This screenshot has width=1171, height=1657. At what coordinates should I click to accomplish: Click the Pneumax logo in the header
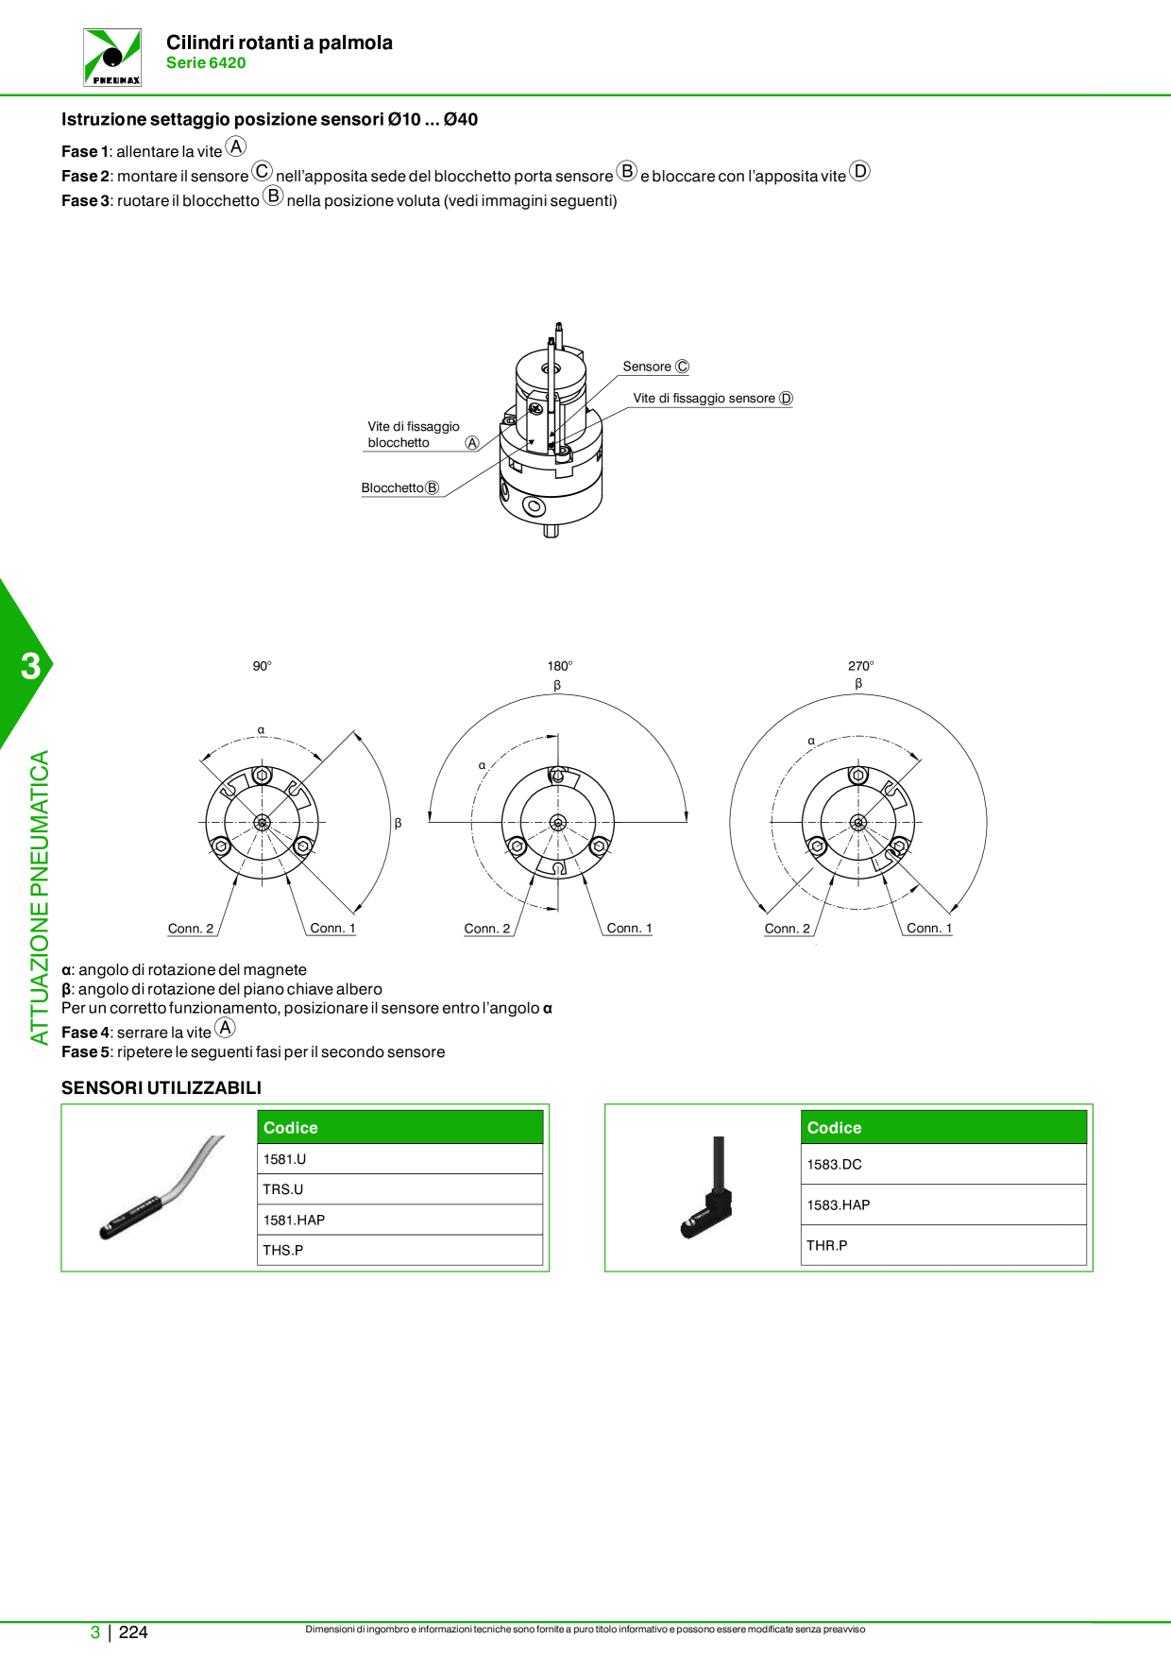[112, 58]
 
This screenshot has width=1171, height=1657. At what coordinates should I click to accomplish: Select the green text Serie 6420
[206, 63]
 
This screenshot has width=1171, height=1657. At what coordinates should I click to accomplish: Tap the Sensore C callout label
[656, 367]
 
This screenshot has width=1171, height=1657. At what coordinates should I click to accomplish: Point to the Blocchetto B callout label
[400, 488]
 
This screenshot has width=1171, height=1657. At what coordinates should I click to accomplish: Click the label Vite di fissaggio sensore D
[713, 399]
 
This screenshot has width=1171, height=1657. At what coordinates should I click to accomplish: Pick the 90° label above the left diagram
[263, 666]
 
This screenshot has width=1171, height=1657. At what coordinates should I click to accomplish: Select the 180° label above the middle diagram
[560, 666]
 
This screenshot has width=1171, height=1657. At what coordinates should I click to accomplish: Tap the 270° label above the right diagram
[861, 666]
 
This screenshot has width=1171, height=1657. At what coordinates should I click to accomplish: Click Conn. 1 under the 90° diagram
[333, 929]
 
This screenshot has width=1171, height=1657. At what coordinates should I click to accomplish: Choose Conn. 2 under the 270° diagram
[788, 929]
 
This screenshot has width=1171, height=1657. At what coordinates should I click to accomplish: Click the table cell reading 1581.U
[400, 1159]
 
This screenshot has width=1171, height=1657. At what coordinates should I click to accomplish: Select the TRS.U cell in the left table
[400, 1189]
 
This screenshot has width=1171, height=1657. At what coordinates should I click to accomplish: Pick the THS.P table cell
[400, 1250]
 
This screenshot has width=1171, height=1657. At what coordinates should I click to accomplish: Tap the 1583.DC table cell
[944, 1164]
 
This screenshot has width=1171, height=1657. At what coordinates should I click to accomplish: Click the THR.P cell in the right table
[944, 1245]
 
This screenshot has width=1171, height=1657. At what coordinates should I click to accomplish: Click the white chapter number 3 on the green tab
[31, 666]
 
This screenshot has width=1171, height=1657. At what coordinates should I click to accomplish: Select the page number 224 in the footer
[133, 1632]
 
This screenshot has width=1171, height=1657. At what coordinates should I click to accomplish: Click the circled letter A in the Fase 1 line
[236, 146]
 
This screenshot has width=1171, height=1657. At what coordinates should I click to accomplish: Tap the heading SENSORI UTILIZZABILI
[161, 1088]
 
